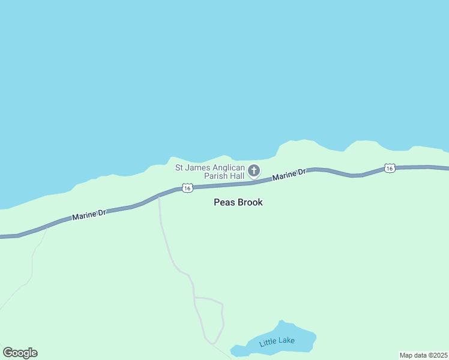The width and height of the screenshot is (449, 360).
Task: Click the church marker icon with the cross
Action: [x=254, y=171]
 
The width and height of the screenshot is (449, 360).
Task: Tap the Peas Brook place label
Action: [x=238, y=202]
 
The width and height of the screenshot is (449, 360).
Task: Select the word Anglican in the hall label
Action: [x=227, y=167]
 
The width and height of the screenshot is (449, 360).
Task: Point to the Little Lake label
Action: [x=277, y=343]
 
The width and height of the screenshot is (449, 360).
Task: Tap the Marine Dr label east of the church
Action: [x=289, y=175]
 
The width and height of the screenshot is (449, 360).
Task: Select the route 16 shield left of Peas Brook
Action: [x=188, y=188]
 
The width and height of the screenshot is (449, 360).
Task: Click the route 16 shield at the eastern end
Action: [x=390, y=169]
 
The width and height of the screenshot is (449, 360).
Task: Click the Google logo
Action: [x=20, y=353]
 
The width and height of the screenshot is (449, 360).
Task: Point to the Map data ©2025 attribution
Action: [x=423, y=355]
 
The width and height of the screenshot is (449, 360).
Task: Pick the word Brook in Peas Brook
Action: [x=249, y=202]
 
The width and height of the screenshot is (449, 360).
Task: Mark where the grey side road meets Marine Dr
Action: [x=158, y=196]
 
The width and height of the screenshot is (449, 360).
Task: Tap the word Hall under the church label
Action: [x=237, y=176]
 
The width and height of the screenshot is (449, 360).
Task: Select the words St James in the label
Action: [x=189, y=167]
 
